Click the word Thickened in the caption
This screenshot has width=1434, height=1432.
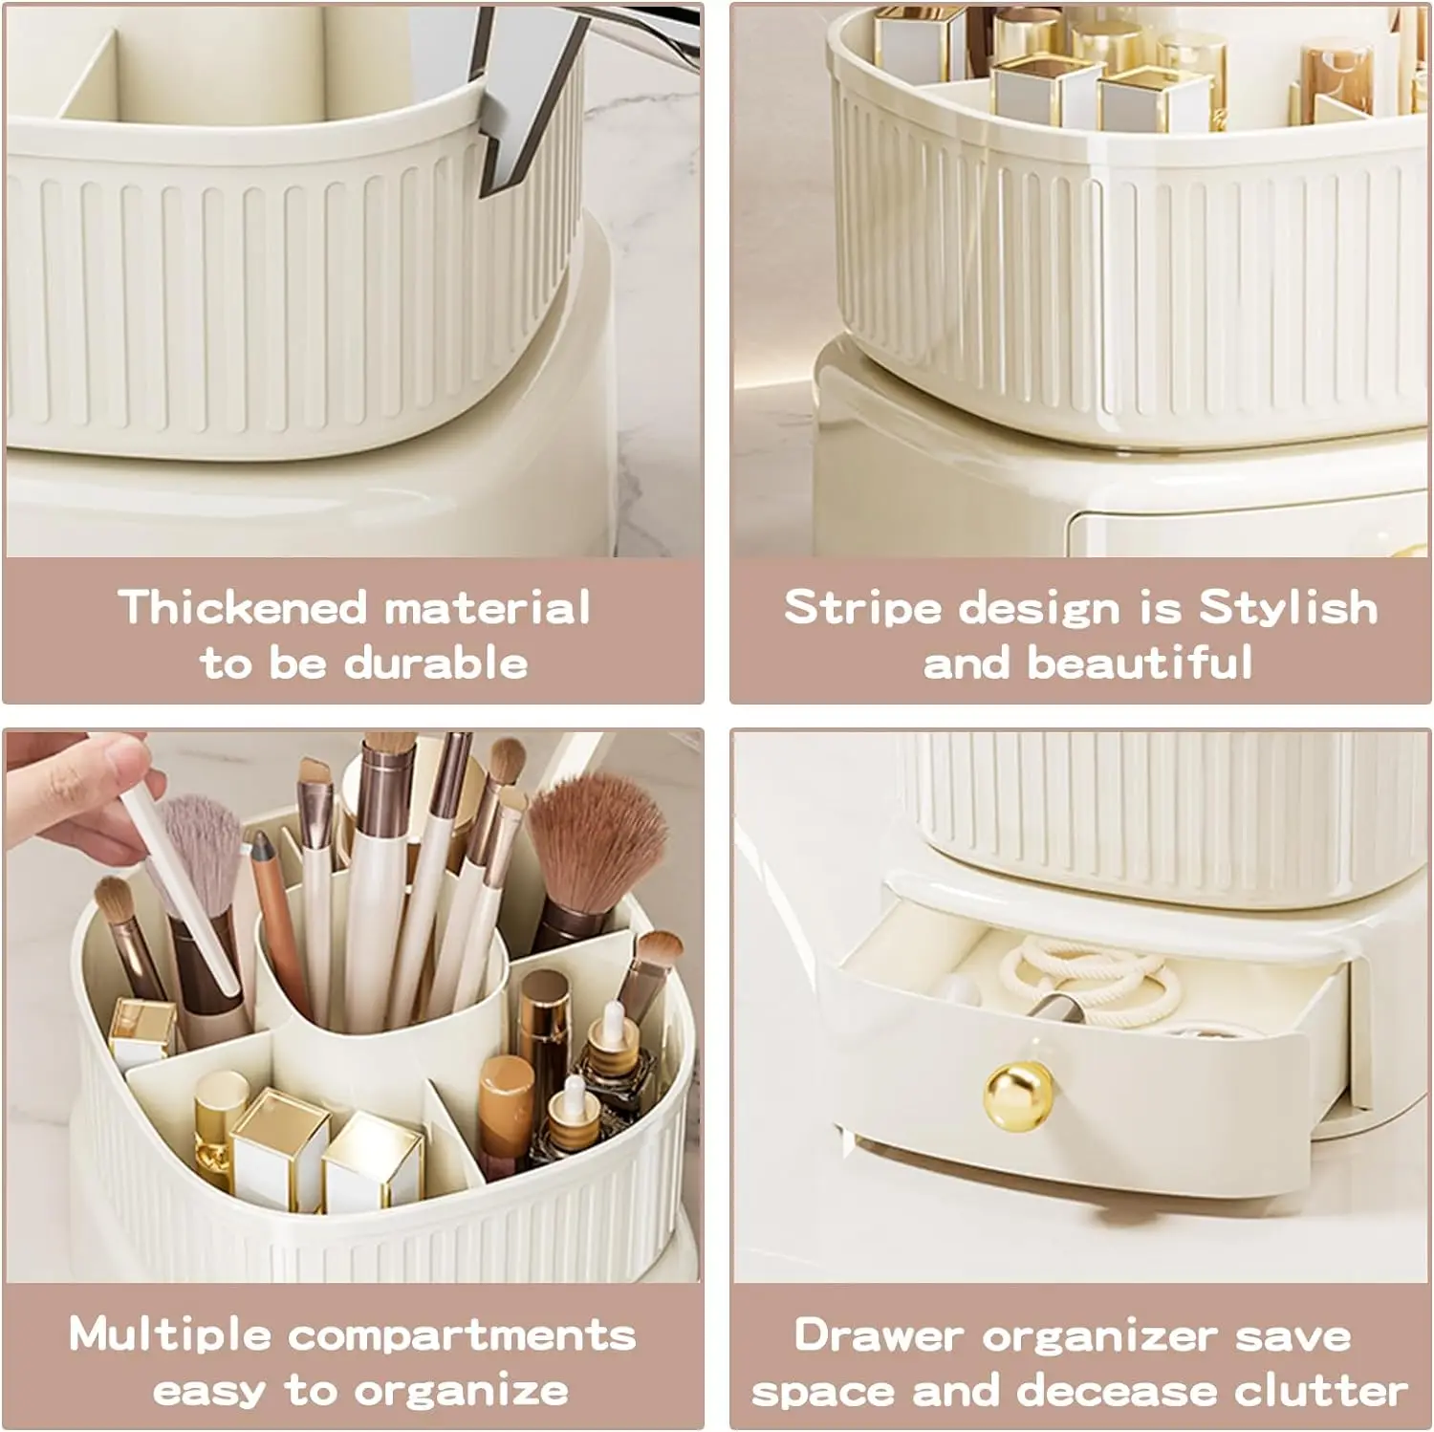(243, 608)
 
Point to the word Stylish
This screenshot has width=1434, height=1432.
(1288, 608)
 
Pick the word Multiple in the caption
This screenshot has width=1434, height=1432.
(169, 1334)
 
